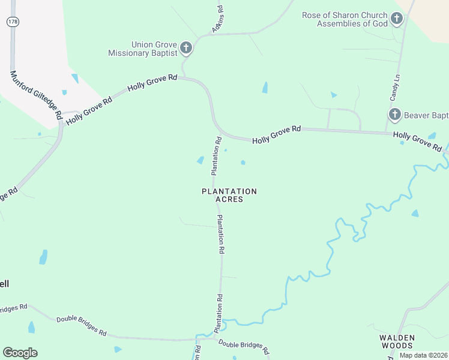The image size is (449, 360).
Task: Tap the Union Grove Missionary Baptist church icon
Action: click(x=186, y=47)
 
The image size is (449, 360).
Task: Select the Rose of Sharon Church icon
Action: click(x=396, y=19)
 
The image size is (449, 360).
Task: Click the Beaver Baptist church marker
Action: click(x=394, y=115)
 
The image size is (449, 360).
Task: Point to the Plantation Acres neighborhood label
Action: click(x=229, y=195)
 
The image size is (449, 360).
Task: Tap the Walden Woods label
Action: click(x=397, y=341)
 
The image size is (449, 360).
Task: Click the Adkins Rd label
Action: click(x=217, y=19)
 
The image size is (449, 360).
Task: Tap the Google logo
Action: click(x=20, y=353)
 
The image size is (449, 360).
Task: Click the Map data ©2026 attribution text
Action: click(x=423, y=355)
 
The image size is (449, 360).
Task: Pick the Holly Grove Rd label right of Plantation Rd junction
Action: click(x=276, y=134)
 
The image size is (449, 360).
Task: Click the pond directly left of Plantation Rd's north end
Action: click(x=200, y=160)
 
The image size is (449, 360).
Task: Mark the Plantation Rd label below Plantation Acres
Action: click(x=221, y=235)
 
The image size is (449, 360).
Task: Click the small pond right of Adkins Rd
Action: click(x=265, y=88)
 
